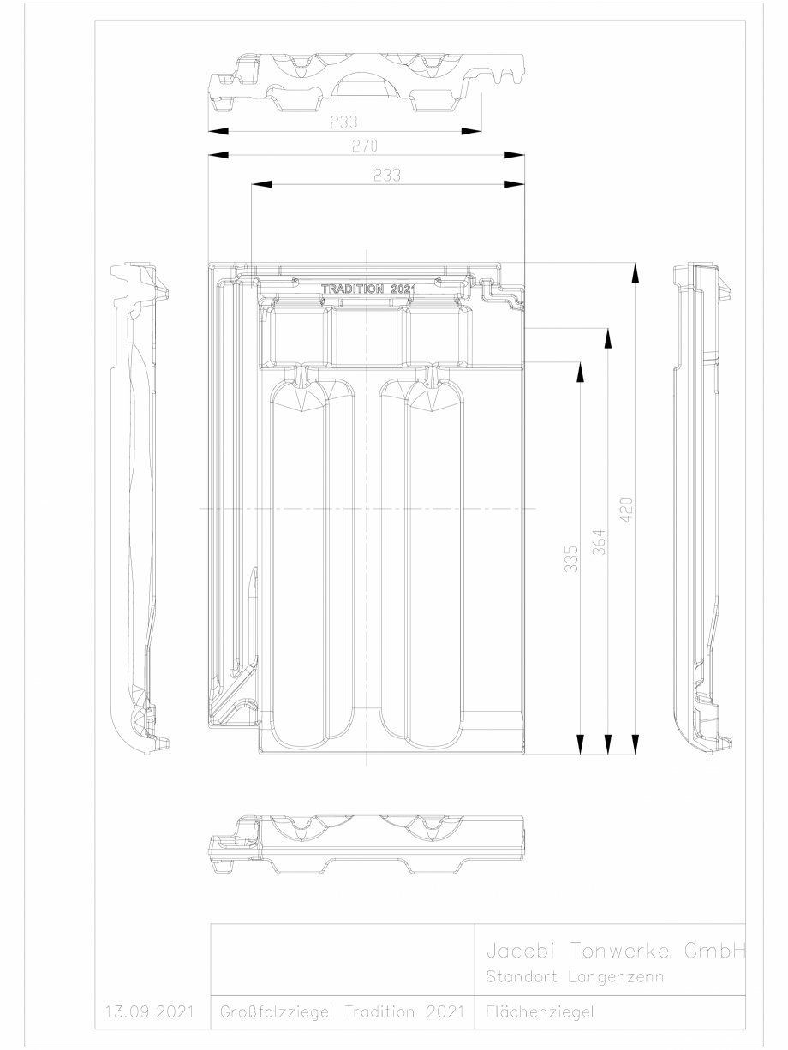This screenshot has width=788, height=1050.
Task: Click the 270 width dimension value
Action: pos(366,146)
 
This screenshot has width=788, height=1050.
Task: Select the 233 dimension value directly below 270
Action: pos(387,175)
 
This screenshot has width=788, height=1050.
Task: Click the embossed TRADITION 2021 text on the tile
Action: pos(367,289)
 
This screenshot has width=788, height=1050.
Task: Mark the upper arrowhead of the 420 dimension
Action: pos(635,271)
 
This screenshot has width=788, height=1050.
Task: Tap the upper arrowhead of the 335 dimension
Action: pos(580,370)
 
